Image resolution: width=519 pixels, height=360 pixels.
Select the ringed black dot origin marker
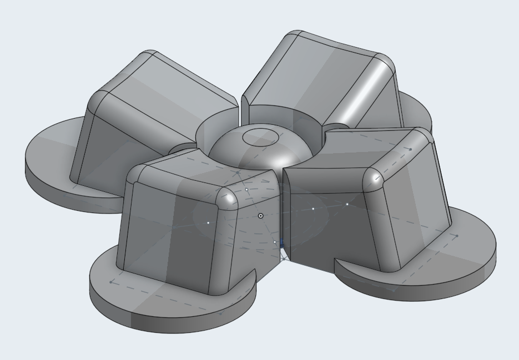[x=261, y=216]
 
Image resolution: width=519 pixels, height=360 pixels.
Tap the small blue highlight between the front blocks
[x=282, y=243]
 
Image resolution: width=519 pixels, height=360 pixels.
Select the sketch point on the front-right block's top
[x=410, y=149]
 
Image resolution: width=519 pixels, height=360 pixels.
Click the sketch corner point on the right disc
[x=457, y=236]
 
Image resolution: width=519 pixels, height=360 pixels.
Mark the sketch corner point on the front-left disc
[x=112, y=282]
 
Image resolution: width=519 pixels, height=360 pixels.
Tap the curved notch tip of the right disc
[x=336, y=261]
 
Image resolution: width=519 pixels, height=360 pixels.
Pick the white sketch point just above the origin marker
[x=247, y=190]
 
